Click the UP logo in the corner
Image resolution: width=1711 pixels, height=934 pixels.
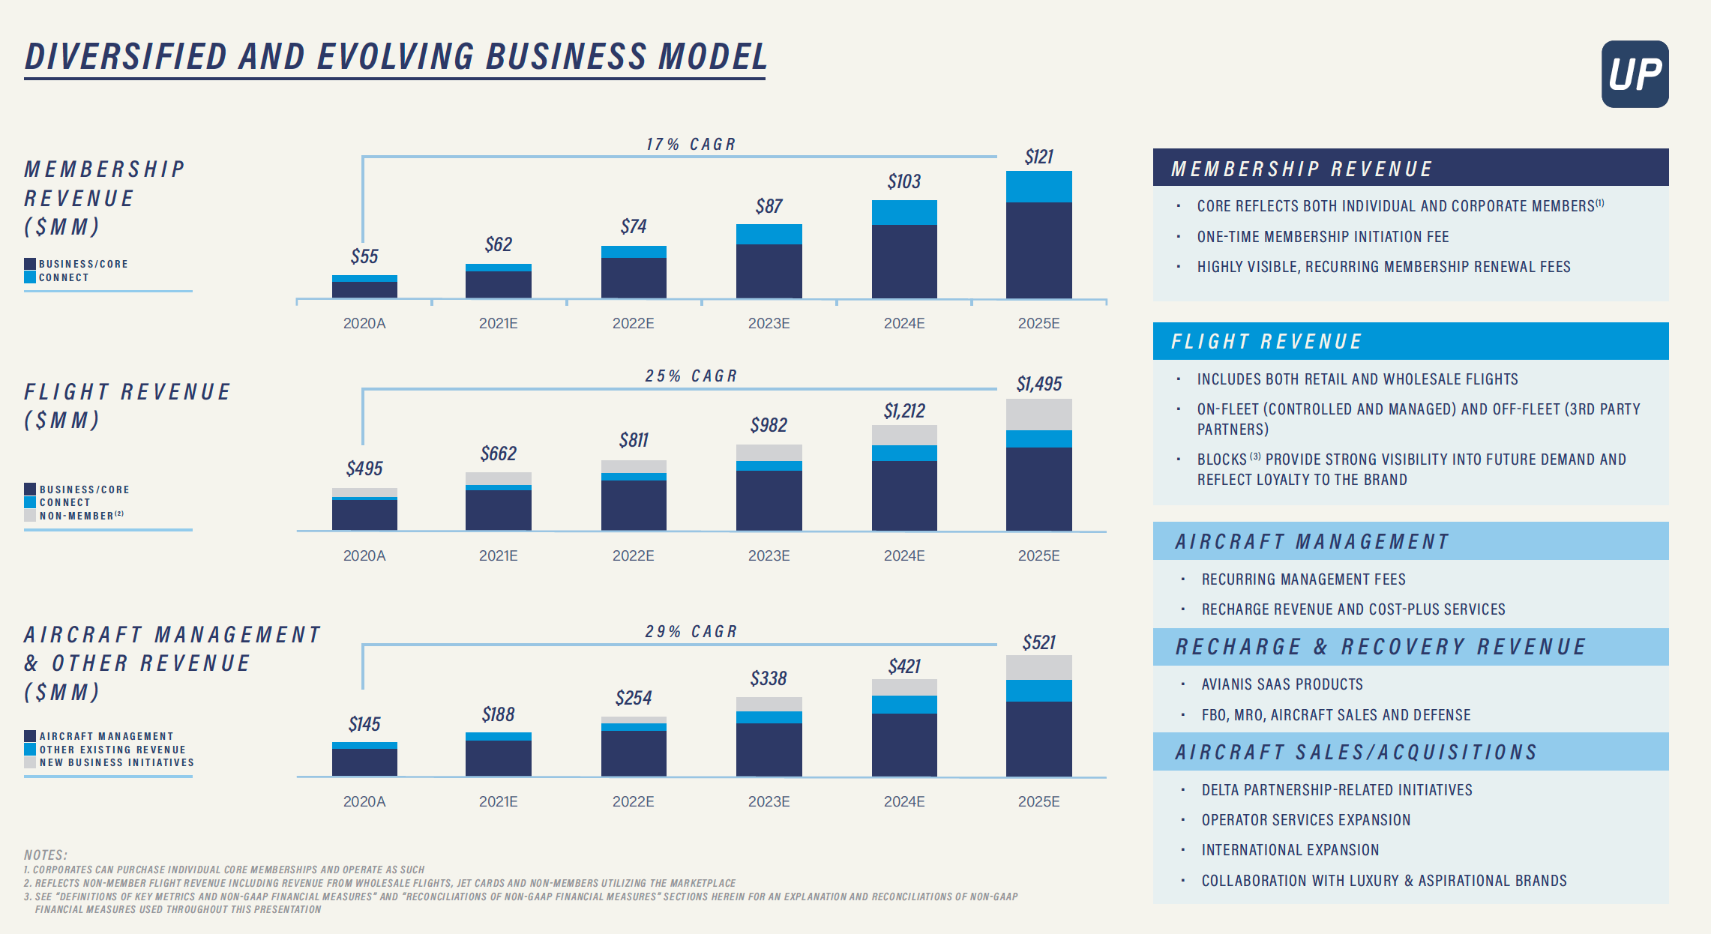pos(1635,74)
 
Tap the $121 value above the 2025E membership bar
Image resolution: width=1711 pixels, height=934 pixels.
pos(1039,157)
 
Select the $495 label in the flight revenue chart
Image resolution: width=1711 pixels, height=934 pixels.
pos(364,468)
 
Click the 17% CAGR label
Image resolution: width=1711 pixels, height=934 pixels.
pos(691,144)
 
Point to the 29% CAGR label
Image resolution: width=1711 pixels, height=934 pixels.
pos(691,631)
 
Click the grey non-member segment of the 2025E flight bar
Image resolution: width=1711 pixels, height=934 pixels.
pos(1038,414)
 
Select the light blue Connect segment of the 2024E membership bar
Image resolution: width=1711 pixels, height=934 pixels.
pos(903,212)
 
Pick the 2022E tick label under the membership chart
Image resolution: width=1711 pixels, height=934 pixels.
pos(633,323)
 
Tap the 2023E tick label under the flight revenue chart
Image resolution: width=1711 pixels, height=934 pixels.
pos(769,555)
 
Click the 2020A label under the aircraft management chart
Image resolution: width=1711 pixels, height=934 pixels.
pos(364,801)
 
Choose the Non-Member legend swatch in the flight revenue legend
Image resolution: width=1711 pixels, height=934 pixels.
pos(30,516)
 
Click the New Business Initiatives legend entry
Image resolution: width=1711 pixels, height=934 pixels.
pos(116,762)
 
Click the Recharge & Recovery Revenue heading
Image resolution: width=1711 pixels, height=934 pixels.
pos(1380,647)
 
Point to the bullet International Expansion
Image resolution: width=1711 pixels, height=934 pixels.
pos(1290,850)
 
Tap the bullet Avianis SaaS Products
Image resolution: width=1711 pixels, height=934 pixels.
pos(1281,684)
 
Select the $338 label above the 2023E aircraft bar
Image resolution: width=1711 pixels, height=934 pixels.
pos(769,678)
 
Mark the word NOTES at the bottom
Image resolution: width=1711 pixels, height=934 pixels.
pos(46,855)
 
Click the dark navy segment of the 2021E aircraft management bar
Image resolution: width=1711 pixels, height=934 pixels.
pos(498,758)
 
